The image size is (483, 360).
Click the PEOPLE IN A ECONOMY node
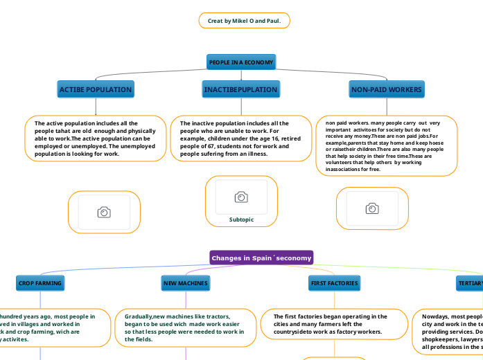[x=241, y=62]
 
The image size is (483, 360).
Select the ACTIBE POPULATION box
[x=96, y=90]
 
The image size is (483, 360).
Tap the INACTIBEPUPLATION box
[x=240, y=90]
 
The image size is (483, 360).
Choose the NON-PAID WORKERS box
[x=386, y=90]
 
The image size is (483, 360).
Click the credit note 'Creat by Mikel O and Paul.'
[x=244, y=21]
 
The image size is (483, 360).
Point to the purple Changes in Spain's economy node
[x=261, y=258]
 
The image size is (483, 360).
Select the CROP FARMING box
[x=40, y=283]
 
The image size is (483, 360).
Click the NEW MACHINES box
[x=185, y=283]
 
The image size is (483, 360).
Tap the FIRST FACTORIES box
[x=334, y=283]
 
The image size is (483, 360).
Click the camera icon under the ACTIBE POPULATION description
[x=103, y=212]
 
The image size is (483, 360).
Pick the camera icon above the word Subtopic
[x=241, y=197]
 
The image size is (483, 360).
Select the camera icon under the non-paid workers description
[x=372, y=208]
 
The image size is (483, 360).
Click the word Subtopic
[x=241, y=219]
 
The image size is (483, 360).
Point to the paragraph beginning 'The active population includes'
[x=96, y=138]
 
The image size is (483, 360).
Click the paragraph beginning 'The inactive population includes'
[x=240, y=138]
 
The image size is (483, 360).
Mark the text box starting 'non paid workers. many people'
[x=386, y=145]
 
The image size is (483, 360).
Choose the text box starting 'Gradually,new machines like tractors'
[x=184, y=327]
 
